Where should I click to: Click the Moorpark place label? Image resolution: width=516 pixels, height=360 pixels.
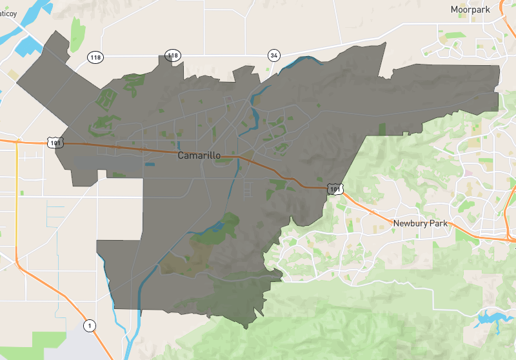tap(470, 9)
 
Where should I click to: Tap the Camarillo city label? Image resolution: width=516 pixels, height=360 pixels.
tap(199, 156)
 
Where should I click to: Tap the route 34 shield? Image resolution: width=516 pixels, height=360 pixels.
tap(274, 55)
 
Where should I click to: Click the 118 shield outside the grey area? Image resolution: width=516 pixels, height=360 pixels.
tap(95, 57)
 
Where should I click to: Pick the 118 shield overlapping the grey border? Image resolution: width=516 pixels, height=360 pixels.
tap(172, 55)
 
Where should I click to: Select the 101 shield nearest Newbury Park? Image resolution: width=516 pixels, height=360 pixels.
tap(333, 189)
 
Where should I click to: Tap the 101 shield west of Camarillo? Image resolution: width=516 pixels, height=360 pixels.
tap(55, 142)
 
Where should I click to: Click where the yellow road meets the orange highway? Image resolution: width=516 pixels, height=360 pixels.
tap(17, 141)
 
